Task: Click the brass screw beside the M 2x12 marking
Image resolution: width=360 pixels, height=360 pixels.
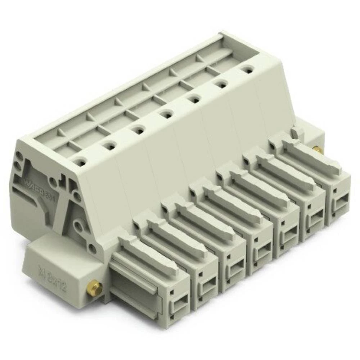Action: coord(94,288)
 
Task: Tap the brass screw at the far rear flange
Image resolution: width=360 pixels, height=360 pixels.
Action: coord(317,149)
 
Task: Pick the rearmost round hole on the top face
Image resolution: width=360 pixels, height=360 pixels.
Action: coord(247,69)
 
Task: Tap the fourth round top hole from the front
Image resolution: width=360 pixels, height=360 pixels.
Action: coord(166,115)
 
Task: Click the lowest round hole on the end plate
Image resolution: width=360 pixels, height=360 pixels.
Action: coord(93,248)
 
